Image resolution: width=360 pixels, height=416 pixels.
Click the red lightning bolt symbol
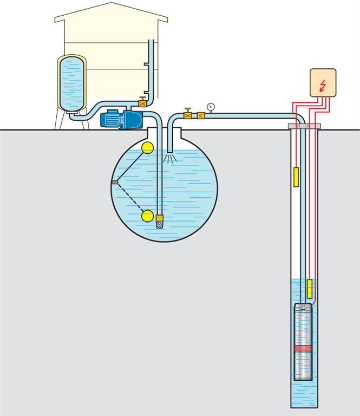(x=323, y=85)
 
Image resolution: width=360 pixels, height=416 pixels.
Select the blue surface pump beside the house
(x=122, y=118)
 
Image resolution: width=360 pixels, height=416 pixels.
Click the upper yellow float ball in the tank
(x=147, y=147)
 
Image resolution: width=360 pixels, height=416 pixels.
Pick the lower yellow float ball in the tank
(x=147, y=216)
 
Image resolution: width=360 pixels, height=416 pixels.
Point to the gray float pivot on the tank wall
(x=114, y=182)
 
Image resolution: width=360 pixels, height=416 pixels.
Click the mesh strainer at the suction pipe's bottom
(x=160, y=223)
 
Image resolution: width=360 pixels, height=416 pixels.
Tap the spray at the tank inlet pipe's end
(x=171, y=158)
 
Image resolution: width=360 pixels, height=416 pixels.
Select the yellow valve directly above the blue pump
(x=143, y=101)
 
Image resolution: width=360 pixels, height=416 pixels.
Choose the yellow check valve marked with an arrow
(x=201, y=115)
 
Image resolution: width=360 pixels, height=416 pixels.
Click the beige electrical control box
(x=323, y=82)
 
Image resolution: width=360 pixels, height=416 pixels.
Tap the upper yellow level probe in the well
(x=296, y=177)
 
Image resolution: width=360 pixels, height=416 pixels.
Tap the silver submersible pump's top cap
(x=304, y=307)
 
